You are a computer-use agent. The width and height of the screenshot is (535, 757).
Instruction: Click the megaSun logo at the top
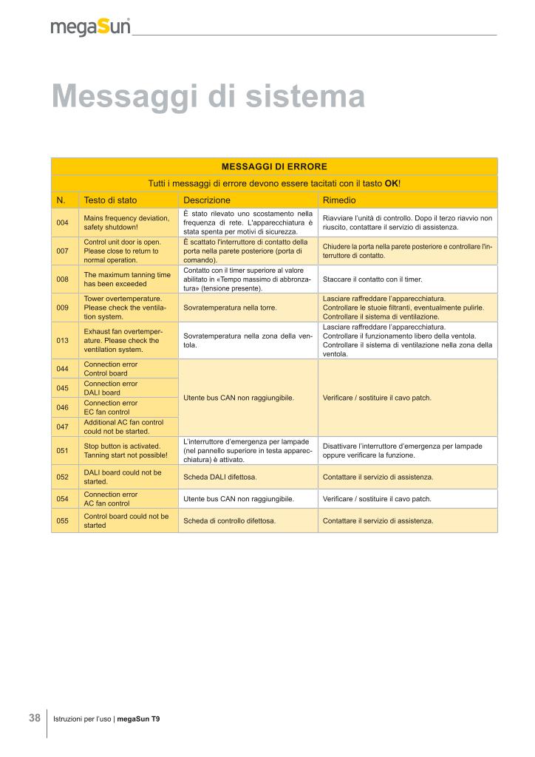click(90, 28)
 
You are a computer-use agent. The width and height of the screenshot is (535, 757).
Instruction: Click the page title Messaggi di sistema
click(208, 97)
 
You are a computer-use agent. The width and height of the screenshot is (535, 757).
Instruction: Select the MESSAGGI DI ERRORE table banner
click(274, 166)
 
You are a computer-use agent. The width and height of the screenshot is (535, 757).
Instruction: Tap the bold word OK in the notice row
click(392, 183)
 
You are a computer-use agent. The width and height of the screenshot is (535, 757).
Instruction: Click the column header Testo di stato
click(110, 200)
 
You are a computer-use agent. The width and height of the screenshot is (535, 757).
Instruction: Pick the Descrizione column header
click(207, 200)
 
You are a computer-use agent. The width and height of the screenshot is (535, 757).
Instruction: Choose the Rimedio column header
click(339, 200)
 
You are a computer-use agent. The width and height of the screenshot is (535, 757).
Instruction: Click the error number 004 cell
click(63, 223)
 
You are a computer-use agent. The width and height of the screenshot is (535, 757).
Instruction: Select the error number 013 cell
click(63, 341)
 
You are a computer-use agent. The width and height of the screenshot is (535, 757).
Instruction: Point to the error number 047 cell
click(63, 427)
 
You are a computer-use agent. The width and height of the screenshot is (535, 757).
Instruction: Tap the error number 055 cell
click(63, 520)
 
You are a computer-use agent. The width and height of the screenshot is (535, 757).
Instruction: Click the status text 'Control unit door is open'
click(123, 242)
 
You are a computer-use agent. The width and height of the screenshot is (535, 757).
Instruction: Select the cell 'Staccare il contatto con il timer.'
click(372, 279)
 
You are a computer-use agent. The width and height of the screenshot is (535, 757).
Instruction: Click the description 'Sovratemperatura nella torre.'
click(230, 307)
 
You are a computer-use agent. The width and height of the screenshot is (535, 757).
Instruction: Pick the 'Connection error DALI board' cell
click(111, 388)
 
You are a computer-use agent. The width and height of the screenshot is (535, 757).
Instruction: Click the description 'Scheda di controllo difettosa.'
click(230, 520)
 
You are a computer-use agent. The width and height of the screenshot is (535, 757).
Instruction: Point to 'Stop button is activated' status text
click(122, 447)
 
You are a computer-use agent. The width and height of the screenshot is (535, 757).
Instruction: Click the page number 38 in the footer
click(35, 718)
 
